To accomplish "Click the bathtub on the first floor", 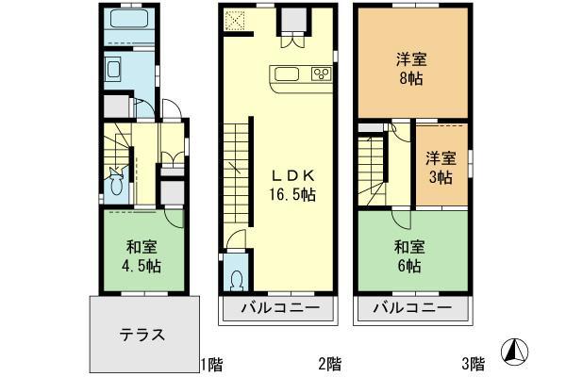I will point(125,20).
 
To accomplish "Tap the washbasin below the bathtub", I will point(113,70).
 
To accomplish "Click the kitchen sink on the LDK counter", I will point(286,74).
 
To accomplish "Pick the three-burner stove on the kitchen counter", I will point(314,74).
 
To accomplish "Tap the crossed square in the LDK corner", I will point(234,19).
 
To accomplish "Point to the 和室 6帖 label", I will point(409,255).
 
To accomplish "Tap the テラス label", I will point(142,334).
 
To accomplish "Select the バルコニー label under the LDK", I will point(277,308).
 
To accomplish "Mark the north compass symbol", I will point(515,351).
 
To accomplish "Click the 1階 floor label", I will point(209,363).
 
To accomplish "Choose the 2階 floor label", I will point(328,363).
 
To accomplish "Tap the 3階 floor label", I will point(473,363).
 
